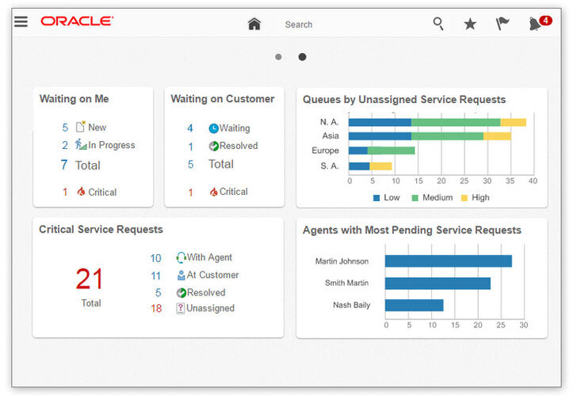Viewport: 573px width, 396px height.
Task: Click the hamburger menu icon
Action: click(21, 21)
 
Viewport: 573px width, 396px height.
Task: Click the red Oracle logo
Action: click(77, 21)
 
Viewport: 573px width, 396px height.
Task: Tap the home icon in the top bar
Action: click(254, 24)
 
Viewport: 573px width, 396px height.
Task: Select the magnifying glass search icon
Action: click(438, 24)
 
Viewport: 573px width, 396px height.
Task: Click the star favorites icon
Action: click(470, 24)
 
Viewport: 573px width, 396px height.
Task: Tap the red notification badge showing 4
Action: click(545, 20)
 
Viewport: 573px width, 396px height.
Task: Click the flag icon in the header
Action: click(502, 24)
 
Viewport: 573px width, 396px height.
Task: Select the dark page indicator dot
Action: click(302, 57)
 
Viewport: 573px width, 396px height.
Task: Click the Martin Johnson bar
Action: click(448, 261)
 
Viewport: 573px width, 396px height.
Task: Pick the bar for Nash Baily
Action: click(414, 305)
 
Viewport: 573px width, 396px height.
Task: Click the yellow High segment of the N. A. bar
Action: click(513, 122)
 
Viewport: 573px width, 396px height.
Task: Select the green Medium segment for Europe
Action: click(391, 150)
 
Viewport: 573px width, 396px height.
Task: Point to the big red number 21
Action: click(90, 279)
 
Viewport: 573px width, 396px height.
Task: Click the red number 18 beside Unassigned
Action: click(156, 308)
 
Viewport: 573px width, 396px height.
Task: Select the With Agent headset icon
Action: click(181, 257)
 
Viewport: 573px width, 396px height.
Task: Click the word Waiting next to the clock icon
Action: click(235, 128)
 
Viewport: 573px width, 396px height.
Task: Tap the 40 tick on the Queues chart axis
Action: click(533, 181)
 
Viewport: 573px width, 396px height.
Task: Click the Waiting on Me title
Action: click(74, 99)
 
